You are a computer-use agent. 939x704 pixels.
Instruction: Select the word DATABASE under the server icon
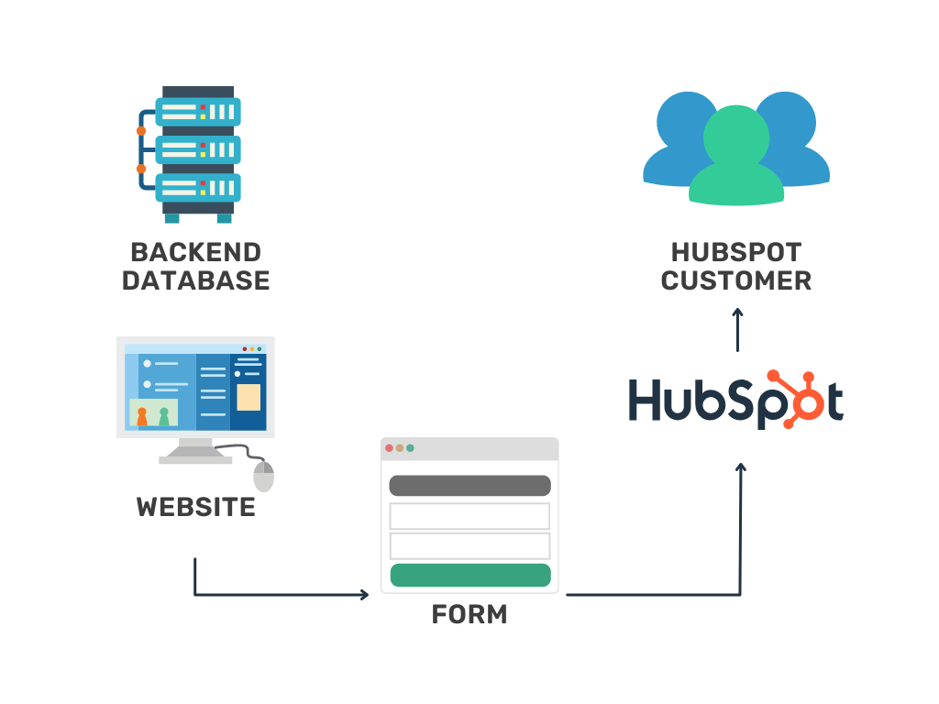point(195,280)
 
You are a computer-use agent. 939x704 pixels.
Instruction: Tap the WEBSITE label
point(195,507)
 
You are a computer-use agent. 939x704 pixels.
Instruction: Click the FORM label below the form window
point(469,614)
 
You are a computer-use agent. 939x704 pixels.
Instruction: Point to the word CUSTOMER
point(736,280)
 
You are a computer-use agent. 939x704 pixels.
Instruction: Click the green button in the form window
point(469,575)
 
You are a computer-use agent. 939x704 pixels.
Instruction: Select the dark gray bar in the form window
point(469,485)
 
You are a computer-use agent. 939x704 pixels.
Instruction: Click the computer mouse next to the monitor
point(264,476)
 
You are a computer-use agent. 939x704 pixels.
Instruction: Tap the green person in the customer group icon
point(735,156)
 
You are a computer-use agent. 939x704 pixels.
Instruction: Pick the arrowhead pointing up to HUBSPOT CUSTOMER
point(737,313)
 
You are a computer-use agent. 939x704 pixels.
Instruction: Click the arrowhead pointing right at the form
point(364,595)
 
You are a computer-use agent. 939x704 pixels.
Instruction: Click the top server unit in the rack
point(197,112)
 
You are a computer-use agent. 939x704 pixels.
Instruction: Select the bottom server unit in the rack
point(197,187)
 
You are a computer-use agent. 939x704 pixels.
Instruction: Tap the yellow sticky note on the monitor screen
point(249,397)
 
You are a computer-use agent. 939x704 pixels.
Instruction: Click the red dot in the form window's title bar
point(390,448)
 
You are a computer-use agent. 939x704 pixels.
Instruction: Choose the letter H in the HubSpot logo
point(646,401)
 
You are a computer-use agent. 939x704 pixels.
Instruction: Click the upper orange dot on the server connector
point(141,131)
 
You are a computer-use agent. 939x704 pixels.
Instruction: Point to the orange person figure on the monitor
point(142,416)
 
